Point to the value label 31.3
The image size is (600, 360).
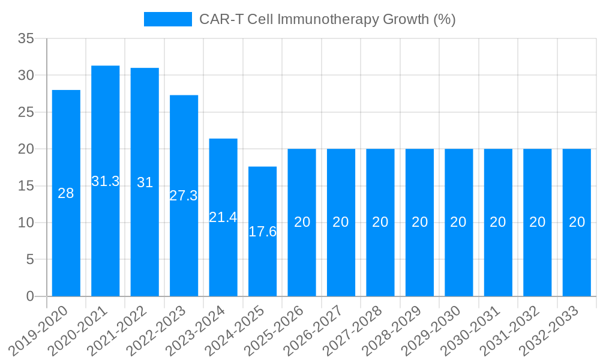coord(106,181)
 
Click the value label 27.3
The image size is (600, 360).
coord(184,196)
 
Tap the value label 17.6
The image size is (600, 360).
coord(262,232)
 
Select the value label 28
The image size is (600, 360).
coord(66,193)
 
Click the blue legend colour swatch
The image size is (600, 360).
coord(167,19)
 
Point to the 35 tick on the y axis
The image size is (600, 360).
coord(26,38)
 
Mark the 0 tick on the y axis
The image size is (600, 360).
coord(31,296)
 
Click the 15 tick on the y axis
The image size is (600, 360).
coord(26,186)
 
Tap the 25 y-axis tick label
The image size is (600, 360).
coord(26,112)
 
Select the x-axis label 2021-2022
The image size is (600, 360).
coord(121,331)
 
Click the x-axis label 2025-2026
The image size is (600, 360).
coord(278,331)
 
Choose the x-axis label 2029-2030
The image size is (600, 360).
coord(435,331)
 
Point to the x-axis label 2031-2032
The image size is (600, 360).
coord(514,331)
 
